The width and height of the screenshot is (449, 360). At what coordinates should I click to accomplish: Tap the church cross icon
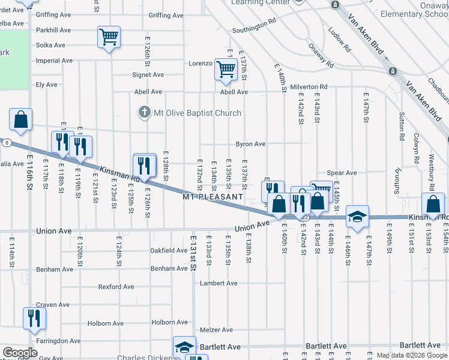pos(144,112)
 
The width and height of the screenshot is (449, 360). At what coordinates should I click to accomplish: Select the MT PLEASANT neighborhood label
pos(213,196)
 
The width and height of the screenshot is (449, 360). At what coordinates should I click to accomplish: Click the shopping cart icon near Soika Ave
pos(109,37)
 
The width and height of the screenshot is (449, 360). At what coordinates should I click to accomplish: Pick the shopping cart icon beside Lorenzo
pos(226,69)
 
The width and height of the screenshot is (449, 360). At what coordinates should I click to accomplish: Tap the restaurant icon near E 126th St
pos(144,165)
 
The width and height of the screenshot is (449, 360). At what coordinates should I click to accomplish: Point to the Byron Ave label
pos(250,144)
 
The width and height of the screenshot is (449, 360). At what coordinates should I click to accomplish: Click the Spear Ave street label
pos(342,173)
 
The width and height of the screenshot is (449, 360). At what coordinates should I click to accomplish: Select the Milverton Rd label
pos(309,87)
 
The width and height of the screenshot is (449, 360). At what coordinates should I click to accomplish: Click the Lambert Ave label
pos(219,283)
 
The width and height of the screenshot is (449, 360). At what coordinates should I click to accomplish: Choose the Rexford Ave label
pos(119,287)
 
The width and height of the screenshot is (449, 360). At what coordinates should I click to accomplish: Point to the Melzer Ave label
pos(216,329)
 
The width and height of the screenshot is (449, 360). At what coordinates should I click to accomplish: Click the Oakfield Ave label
pos(168,250)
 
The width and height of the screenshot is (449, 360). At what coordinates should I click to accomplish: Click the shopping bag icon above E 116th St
pos(21,119)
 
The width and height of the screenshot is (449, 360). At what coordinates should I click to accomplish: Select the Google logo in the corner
pos(20,353)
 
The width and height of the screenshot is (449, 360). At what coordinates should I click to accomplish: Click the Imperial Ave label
pos(55,61)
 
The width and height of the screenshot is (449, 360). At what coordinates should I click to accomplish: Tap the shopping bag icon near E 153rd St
pos(432,203)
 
